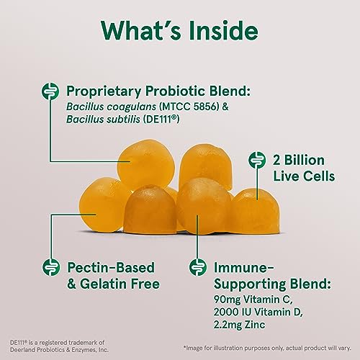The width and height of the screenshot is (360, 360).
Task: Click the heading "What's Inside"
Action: [x=180, y=32]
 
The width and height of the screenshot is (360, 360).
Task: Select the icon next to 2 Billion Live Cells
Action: [x=253, y=160]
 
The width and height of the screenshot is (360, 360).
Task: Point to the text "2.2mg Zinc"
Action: [x=238, y=325]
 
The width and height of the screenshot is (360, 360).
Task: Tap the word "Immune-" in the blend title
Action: [x=238, y=265]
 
